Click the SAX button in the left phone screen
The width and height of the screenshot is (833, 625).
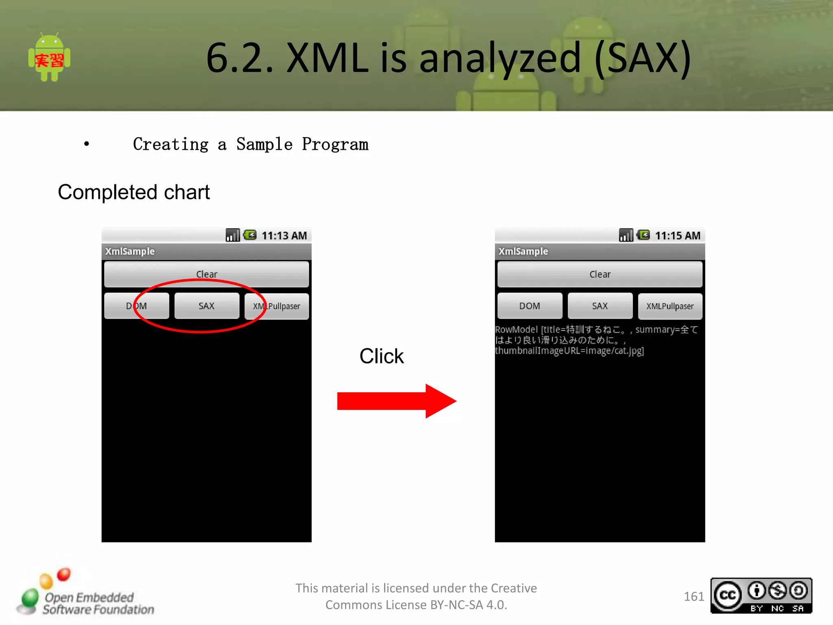coord(207,306)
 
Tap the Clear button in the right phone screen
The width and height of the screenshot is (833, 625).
coord(600,274)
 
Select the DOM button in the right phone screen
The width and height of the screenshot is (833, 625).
coord(530,306)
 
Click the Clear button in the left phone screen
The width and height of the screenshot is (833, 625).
coord(207,274)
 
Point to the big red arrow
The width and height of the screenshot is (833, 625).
coord(396,401)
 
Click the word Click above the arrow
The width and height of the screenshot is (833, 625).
coord(382,356)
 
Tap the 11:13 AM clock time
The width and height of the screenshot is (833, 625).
coord(284,236)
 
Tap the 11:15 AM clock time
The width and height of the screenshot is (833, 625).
coord(677,236)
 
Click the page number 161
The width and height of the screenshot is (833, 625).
coord(693,597)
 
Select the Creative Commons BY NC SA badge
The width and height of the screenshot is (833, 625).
coord(761,596)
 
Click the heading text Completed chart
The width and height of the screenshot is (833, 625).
coord(134,192)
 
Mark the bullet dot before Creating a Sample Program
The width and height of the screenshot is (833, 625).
coord(86,144)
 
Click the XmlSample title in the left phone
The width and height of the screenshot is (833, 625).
coord(130,251)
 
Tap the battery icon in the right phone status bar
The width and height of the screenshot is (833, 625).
coord(643,235)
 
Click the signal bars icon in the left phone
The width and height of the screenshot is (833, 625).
coord(233,235)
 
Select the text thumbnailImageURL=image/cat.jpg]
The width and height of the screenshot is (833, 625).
coord(569,351)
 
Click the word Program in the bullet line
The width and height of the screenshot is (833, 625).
coord(335,144)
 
